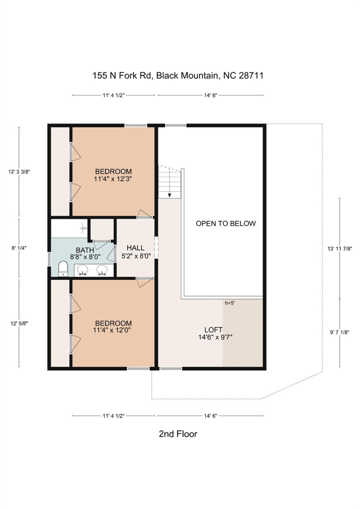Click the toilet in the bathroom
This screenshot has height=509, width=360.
[63, 269]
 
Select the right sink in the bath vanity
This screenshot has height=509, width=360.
[102, 270]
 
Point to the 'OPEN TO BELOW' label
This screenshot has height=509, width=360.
[226, 223]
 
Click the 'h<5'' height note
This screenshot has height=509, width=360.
[230, 303]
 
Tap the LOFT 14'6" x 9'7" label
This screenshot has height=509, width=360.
[215, 333]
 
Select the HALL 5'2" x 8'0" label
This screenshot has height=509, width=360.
[136, 252]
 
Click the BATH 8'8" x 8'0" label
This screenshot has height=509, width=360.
[85, 253]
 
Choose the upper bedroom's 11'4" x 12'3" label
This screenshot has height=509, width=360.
[113, 175]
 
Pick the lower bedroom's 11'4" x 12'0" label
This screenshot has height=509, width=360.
[113, 327]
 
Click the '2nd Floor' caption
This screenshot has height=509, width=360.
[178, 434]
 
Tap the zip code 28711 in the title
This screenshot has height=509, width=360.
[251, 76]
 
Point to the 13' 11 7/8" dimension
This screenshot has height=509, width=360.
[339, 249]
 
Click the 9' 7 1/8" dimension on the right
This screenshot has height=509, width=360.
[339, 332]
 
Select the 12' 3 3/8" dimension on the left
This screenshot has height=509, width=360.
[19, 172]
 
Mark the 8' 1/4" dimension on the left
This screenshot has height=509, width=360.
[19, 248]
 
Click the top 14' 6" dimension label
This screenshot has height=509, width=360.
[210, 95]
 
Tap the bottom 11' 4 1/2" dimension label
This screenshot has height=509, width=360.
[114, 416]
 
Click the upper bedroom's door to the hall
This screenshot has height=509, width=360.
[145, 213]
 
